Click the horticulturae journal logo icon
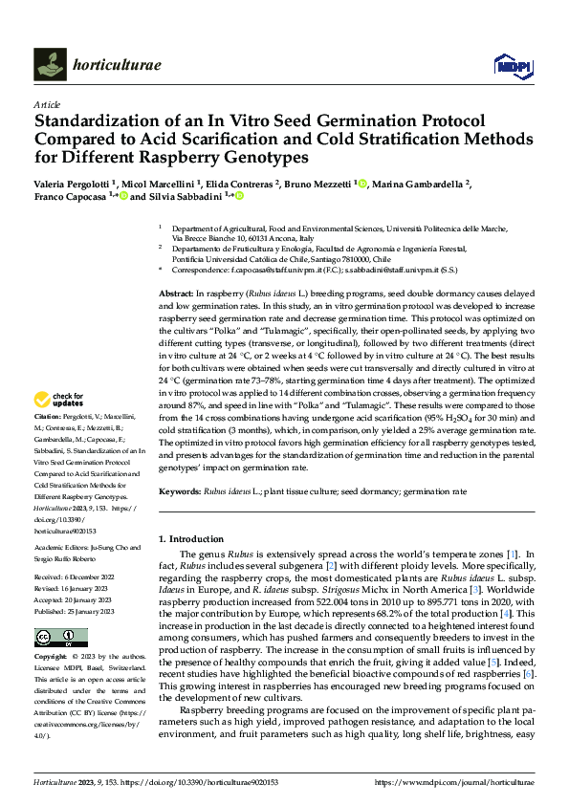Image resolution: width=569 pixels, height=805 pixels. pos(50,64)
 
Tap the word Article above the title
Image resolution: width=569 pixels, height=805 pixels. pos(46,104)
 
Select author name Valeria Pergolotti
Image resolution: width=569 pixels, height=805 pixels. pos(73,184)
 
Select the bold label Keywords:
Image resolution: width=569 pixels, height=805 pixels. pos(180,490)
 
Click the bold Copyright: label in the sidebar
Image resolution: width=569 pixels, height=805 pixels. pos(53,658)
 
